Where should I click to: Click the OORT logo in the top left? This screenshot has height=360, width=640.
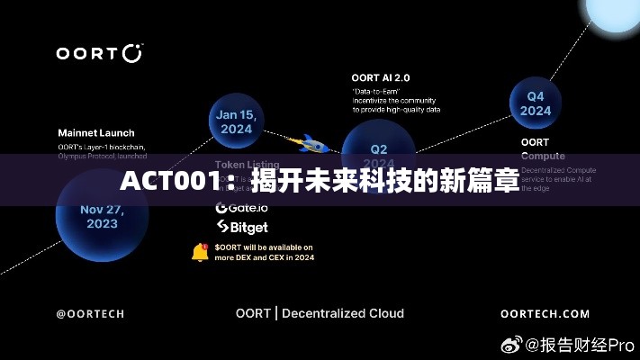point(99,52)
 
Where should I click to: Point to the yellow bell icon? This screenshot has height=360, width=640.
point(200,252)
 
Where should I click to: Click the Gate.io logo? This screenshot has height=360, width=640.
point(241,207)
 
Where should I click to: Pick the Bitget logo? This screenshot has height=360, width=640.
point(241,228)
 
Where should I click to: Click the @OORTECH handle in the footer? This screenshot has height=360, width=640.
point(90,314)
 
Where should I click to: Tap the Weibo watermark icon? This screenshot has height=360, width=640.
point(512,344)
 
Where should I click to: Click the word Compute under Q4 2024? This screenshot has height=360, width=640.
point(543,156)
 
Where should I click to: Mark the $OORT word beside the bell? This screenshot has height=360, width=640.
point(230,247)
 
